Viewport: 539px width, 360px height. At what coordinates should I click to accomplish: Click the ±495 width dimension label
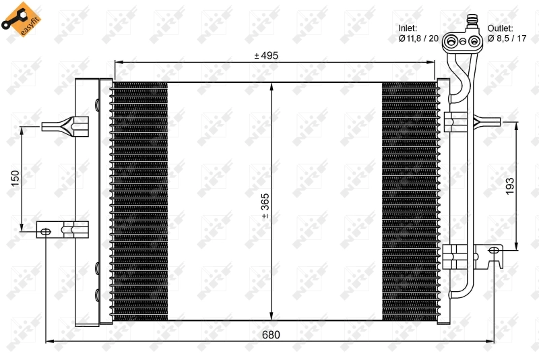pos(266,56)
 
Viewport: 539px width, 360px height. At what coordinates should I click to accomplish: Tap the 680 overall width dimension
pos(269,335)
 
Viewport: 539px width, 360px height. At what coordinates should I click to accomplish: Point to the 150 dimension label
pos(15,180)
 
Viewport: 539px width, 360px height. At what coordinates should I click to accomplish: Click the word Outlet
pos(501,28)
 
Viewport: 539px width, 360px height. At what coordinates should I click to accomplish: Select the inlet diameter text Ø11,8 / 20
pos(418,39)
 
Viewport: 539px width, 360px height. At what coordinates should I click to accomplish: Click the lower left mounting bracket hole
pos(46,231)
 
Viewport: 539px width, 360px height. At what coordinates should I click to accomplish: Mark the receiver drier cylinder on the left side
pos(86,202)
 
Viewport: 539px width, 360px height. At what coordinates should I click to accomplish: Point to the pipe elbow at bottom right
pos(455,294)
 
